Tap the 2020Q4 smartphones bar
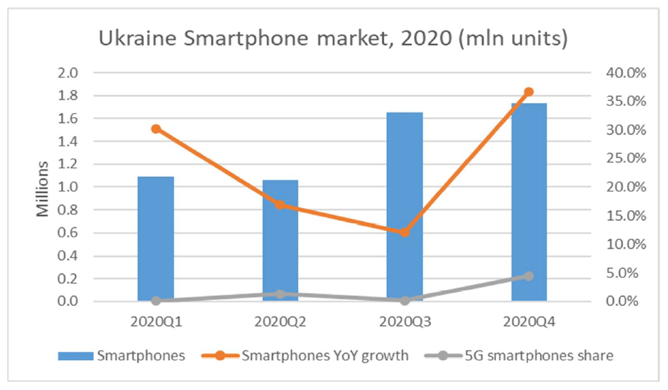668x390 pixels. [529, 202]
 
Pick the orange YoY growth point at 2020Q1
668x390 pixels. [156, 129]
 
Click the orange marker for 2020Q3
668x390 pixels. [404, 232]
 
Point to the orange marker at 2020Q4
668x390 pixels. [529, 92]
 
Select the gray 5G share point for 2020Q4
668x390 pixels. [529, 276]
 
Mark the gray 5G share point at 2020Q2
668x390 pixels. [280, 294]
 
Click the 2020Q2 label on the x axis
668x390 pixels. [280, 322]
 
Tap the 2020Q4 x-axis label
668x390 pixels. [529, 322]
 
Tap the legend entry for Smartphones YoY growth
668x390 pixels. [324, 356]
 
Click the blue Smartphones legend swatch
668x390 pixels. [74, 356]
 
